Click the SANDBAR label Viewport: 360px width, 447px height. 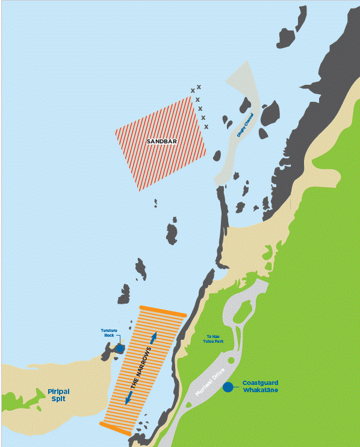[161, 142]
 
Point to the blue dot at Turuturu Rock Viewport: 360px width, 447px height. [120, 348]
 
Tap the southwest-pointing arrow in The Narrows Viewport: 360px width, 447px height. [128, 398]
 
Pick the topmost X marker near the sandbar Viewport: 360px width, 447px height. [199, 87]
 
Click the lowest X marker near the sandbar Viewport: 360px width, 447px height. [206, 127]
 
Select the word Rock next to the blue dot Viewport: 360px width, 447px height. [109, 336]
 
